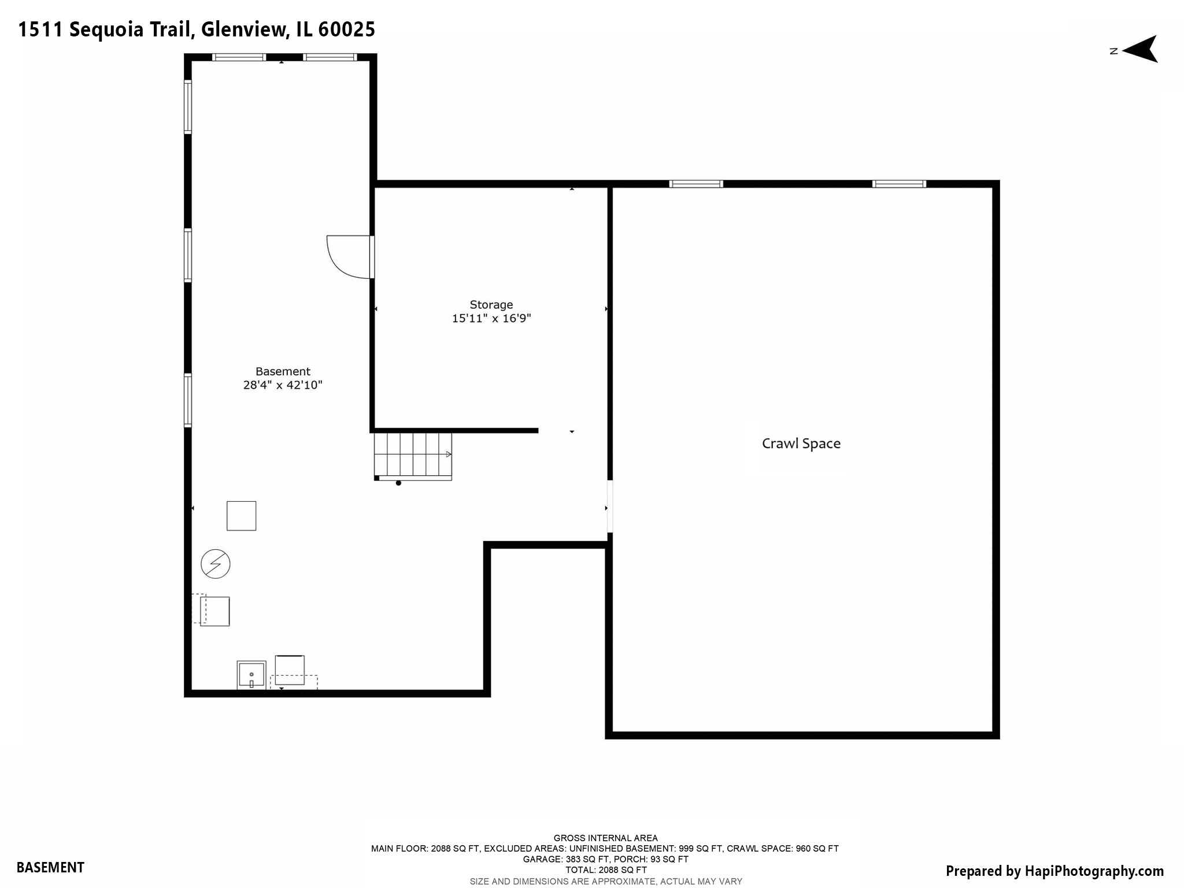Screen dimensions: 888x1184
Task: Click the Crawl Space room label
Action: (801, 443)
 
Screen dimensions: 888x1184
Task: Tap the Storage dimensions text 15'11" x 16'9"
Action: (491, 318)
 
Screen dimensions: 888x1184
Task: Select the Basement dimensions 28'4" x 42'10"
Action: (282, 385)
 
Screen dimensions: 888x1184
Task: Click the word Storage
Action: (491, 305)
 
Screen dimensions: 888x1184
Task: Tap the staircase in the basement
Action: (412, 456)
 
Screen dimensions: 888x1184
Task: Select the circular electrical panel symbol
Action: (215, 564)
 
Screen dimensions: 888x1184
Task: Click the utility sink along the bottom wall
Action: (251, 675)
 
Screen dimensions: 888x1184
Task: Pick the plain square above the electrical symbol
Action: (241, 516)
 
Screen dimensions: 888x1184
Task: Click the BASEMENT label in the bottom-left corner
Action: (50, 867)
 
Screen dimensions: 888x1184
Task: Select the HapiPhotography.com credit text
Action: (1094, 871)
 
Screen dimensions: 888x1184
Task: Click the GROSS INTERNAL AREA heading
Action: (605, 838)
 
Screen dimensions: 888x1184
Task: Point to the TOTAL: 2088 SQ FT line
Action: (605, 869)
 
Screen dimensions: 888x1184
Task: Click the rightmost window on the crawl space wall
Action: (899, 184)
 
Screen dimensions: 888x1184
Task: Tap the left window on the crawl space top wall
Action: (696, 184)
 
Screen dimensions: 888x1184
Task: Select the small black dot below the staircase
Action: (398, 483)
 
